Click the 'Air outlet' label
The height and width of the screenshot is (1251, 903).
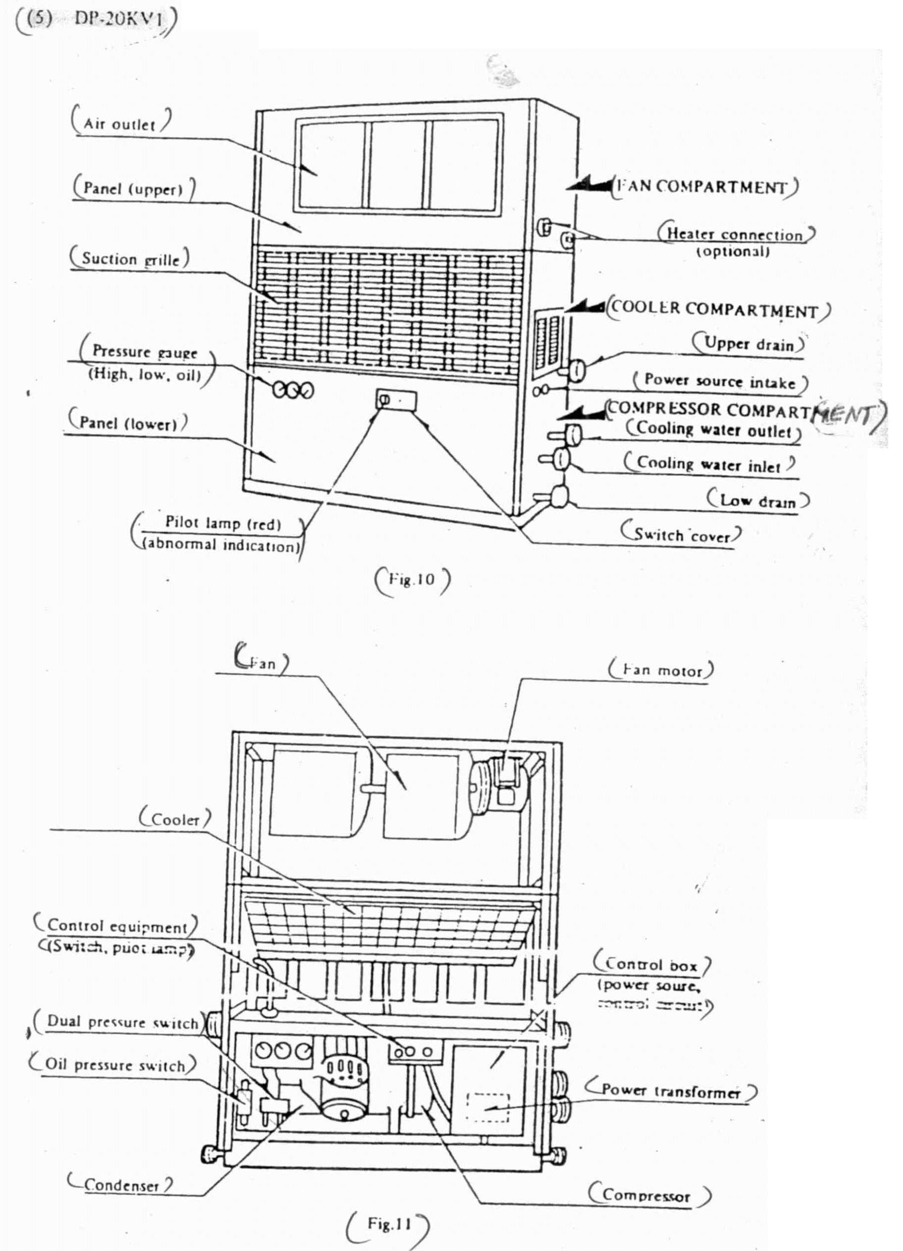pyautogui.click(x=120, y=124)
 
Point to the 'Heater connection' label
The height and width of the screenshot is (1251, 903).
pyautogui.click(x=735, y=234)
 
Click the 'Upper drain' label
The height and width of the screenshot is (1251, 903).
pyautogui.click(x=749, y=344)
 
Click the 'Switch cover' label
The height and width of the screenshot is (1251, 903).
pyautogui.click(x=682, y=534)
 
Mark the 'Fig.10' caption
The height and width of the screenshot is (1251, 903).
pyautogui.click(x=412, y=579)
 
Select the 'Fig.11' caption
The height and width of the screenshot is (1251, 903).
pyautogui.click(x=389, y=1219)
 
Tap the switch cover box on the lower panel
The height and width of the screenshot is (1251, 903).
pyautogui.click(x=397, y=399)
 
